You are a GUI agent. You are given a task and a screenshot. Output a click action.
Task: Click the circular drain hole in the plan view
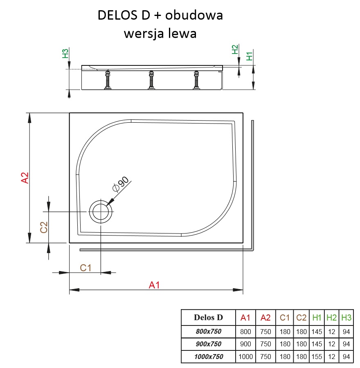tap(100, 212)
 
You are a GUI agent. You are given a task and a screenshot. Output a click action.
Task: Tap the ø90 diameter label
tap(120, 184)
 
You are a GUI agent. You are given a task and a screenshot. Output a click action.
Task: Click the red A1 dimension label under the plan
tap(154, 285)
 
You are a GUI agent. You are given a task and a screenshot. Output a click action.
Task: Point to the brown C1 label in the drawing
tap(85, 268)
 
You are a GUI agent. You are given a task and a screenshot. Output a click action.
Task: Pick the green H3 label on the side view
tap(65, 53)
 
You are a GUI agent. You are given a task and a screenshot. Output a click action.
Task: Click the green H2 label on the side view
tap(235, 49)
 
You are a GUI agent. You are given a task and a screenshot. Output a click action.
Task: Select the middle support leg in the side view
tap(151, 80)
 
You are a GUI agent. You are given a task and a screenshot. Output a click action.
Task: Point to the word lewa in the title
tap(182, 34)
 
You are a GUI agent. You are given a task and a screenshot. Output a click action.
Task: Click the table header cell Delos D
tap(208, 317)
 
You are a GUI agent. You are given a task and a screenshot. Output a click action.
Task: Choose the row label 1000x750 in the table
tap(208, 357)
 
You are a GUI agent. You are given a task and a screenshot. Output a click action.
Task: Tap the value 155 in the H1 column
tap(317, 357)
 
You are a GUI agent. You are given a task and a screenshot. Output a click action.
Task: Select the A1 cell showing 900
tap(245, 344)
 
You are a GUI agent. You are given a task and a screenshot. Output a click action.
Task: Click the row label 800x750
tap(208, 331)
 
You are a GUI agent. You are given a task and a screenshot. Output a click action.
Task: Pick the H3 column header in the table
tap(346, 317)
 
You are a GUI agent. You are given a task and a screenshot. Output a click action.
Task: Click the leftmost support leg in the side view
tap(108, 80)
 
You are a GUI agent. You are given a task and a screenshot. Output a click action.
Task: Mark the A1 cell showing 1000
tap(245, 357)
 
